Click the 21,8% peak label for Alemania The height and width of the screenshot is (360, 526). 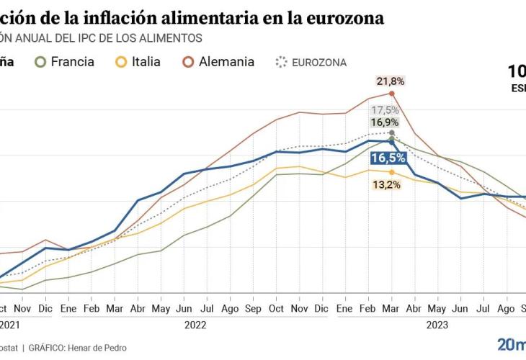391,81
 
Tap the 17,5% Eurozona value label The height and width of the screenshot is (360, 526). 385,110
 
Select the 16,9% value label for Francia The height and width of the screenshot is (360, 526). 385,122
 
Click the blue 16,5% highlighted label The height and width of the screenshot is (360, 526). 388,158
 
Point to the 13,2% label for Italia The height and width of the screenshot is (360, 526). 388,184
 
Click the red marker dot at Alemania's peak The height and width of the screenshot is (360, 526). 391,93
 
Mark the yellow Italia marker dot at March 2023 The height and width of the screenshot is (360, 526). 391,172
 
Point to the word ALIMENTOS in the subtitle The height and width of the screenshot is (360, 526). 171,38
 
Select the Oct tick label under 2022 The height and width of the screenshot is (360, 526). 277,308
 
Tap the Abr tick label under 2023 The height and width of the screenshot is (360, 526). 414,308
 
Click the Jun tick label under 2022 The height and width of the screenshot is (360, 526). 185,308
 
